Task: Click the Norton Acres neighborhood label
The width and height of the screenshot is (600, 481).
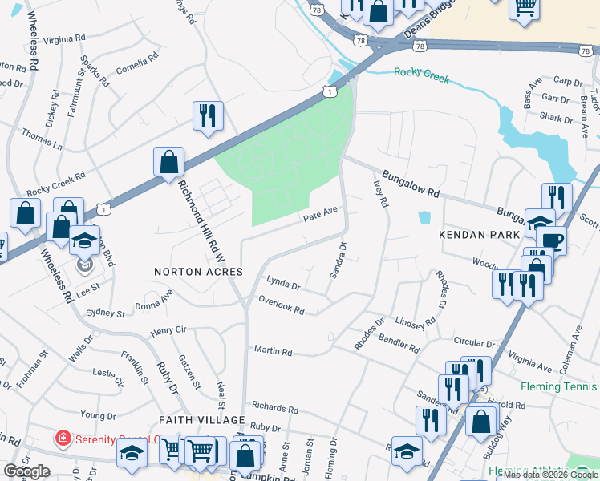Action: (x=198, y=273)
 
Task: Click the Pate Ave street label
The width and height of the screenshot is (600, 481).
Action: (x=320, y=216)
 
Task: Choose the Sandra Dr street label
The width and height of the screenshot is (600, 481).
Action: (x=338, y=261)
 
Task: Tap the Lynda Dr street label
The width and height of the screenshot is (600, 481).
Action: (x=283, y=284)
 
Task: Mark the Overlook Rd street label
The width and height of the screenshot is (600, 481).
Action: (x=281, y=305)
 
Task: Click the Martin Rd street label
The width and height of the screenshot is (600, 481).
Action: (x=273, y=351)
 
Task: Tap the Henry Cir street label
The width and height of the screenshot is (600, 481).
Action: (x=168, y=330)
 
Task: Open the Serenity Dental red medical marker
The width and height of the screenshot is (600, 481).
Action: (x=61, y=438)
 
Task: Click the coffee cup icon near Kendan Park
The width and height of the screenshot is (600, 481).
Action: (x=552, y=240)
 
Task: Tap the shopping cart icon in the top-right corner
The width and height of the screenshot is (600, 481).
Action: (x=524, y=7)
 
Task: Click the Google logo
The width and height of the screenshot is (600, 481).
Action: (x=26, y=471)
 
